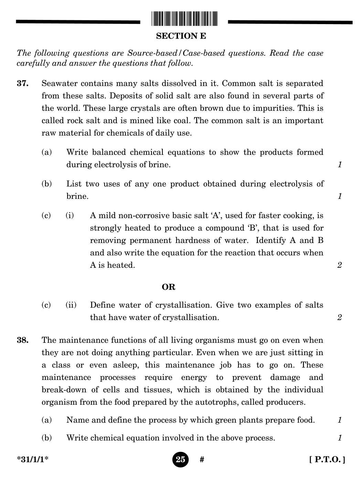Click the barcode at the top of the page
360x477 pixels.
click(184, 19)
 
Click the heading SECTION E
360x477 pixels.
click(181, 36)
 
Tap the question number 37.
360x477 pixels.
click(22, 84)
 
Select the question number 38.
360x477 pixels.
click(22, 340)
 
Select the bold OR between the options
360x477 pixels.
click(169, 287)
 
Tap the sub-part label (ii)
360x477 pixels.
click(71, 305)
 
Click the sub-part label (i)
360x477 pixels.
click(70, 216)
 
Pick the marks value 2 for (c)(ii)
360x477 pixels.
click(339, 317)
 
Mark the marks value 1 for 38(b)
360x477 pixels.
click(339, 438)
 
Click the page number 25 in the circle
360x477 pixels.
click(180, 459)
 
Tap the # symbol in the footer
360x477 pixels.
click(202, 460)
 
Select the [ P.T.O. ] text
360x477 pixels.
click(327, 459)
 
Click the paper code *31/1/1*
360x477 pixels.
click(33, 460)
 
